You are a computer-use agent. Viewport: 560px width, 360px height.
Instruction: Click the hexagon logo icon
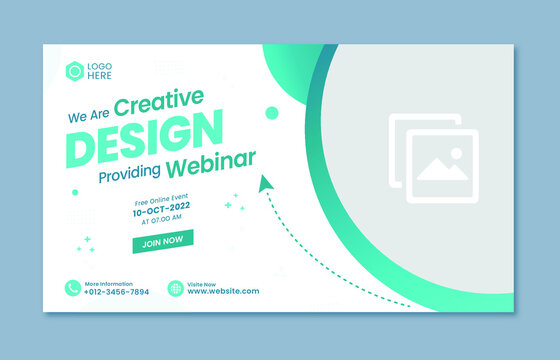click(74, 70)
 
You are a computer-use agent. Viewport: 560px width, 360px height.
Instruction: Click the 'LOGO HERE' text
click(100, 70)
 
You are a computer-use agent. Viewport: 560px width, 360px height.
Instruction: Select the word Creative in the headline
click(159, 102)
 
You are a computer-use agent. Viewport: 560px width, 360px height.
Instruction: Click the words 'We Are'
click(88, 116)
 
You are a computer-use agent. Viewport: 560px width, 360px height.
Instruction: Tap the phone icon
click(73, 288)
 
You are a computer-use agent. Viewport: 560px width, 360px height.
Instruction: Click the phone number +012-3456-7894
click(117, 291)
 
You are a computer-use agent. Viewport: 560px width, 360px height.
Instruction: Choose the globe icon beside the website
click(175, 288)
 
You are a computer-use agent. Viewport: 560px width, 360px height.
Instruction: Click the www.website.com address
click(223, 291)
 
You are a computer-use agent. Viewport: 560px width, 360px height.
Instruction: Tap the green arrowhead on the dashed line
click(266, 183)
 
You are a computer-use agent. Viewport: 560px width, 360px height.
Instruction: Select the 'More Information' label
click(108, 283)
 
